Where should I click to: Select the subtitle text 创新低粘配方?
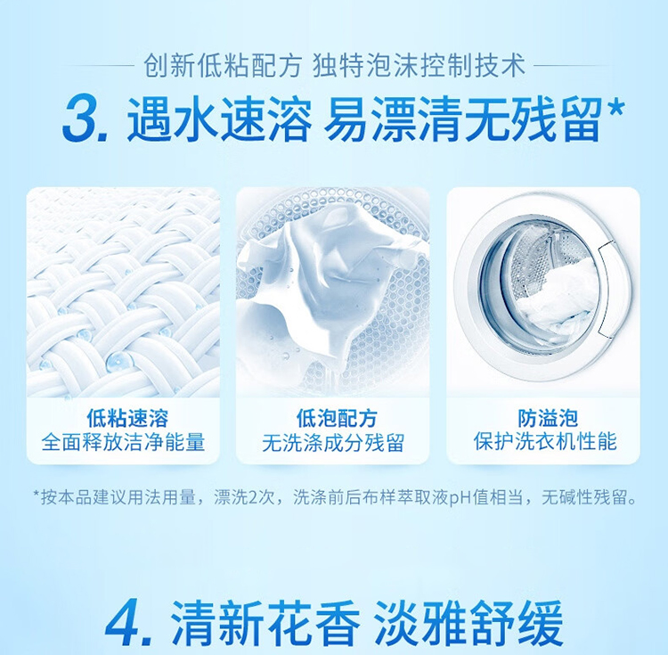point(222,67)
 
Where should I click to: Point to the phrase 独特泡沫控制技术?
point(420,67)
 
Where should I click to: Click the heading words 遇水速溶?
point(219,119)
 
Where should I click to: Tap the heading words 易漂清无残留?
point(462,119)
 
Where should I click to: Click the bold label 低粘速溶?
point(127,418)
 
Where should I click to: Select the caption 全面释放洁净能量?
point(124,442)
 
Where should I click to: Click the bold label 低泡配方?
point(337,418)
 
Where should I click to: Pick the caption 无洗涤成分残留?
point(333,443)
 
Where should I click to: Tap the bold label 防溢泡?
point(548,418)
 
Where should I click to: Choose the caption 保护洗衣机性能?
point(545,441)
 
